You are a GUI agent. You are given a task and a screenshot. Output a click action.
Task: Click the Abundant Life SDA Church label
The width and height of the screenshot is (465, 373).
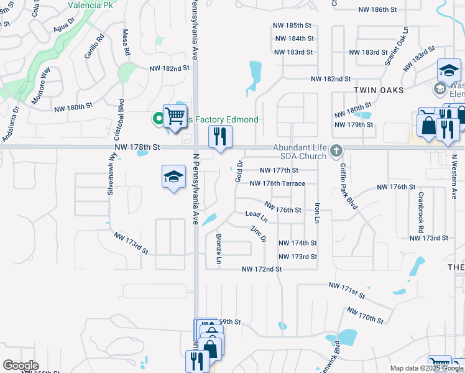point(299,151)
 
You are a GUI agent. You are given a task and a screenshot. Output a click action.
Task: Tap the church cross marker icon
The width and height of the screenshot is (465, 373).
point(336,150)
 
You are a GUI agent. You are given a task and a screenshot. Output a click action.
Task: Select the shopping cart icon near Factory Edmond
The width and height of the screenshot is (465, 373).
point(175,116)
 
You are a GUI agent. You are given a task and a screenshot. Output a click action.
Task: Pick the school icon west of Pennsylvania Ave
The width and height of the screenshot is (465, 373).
point(173,177)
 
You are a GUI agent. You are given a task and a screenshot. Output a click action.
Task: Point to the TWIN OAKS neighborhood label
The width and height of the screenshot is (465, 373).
point(379,90)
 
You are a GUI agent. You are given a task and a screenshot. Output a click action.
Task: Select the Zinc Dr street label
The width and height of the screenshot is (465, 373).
point(258,233)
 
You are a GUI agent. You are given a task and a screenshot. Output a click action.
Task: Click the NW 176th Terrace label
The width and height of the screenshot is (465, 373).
point(277,183)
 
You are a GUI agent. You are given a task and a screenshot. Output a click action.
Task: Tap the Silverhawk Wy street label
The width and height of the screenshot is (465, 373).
point(113,175)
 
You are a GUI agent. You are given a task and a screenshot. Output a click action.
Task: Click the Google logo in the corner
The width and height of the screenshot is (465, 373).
point(21,366)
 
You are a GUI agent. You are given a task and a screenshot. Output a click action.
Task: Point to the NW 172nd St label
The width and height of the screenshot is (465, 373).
point(262,269)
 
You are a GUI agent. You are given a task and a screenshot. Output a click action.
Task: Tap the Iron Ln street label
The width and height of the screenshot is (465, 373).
point(317,213)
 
